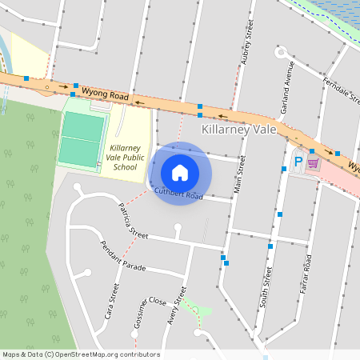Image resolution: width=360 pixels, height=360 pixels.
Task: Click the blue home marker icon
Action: pyautogui.click(x=180, y=173)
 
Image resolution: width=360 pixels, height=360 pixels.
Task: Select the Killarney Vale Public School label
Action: pyautogui.click(x=124, y=158)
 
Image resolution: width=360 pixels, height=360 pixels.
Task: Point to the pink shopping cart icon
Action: pyautogui.click(x=313, y=162)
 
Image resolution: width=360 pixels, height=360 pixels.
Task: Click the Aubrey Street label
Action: pyautogui.click(x=246, y=46)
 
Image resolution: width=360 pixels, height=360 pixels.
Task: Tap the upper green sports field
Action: pyautogui.click(x=84, y=126)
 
